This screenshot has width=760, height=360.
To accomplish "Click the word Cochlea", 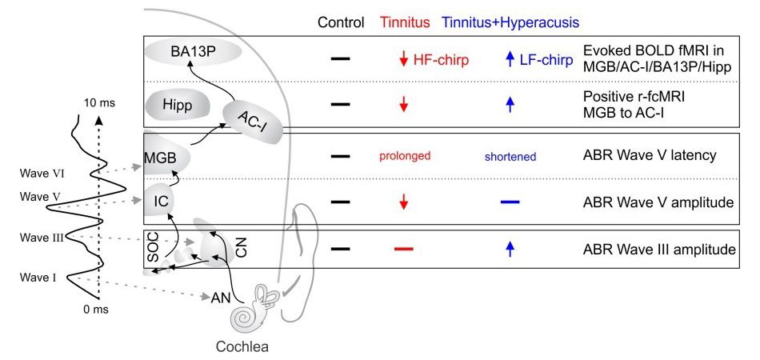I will coord(242,347).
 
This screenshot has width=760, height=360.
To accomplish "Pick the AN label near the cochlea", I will coord(222,298).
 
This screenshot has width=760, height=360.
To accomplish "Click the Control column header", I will coord(341,22).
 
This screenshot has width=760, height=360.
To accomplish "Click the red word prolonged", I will coord(404,156).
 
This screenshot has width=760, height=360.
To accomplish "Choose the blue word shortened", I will coord(510,157).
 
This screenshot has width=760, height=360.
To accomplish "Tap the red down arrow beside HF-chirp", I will coord(404,60).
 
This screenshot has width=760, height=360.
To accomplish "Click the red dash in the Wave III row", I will coord(404,249).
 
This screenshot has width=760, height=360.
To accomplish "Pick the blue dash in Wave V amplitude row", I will coord(510,202).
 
